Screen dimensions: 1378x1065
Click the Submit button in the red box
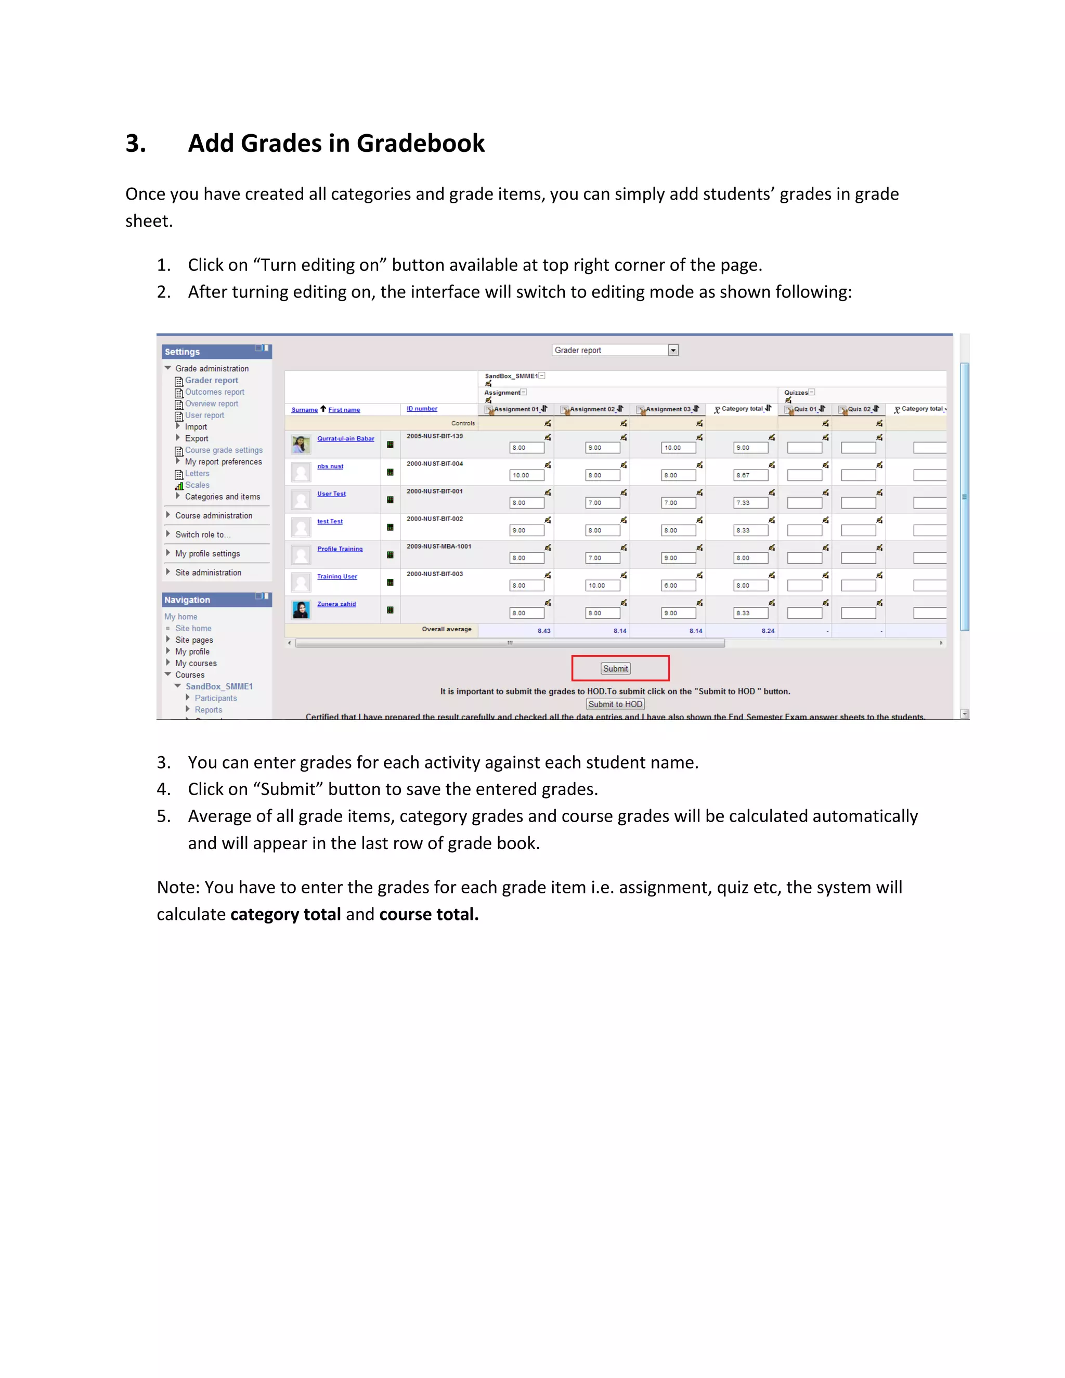(x=615, y=669)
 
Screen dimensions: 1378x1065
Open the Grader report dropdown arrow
(x=673, y=350)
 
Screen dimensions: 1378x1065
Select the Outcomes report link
(x=215, y=392)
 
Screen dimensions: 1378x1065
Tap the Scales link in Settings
(x=197, y=485)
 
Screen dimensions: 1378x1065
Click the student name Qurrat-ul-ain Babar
(x=345, y=438)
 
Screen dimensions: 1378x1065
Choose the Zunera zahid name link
(x=336, y=604)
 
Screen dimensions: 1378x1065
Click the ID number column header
(x=421, y=409)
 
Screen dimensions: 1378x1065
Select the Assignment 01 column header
(x=516, y=409)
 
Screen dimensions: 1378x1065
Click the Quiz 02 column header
(x=858, y=409)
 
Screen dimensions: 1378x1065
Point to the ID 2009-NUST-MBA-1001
(x=438, y=547)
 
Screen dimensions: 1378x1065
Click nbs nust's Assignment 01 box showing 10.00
(x=526, y=475)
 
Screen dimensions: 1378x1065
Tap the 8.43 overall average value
(x=544, y=631)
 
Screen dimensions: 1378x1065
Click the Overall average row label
(x=446, y=629)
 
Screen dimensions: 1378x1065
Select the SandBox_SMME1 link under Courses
(x=219, y=686)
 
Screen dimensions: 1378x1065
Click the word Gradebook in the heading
(x=420, y=143)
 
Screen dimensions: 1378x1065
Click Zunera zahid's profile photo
(x=301, y=609)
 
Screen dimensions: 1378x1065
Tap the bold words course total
(x=428, y=914)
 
